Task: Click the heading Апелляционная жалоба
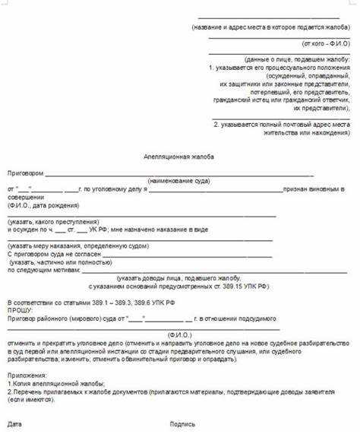pyautogui.click(x=178, y=156)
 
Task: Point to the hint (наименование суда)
pyautogui.click(x=180, y=181)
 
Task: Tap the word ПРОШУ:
pyautogui.click(x=20, y=311)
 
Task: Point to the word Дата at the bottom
pyautogui.click(x=14, y=423)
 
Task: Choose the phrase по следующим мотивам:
pyautogui.click(x=43, y=270)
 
